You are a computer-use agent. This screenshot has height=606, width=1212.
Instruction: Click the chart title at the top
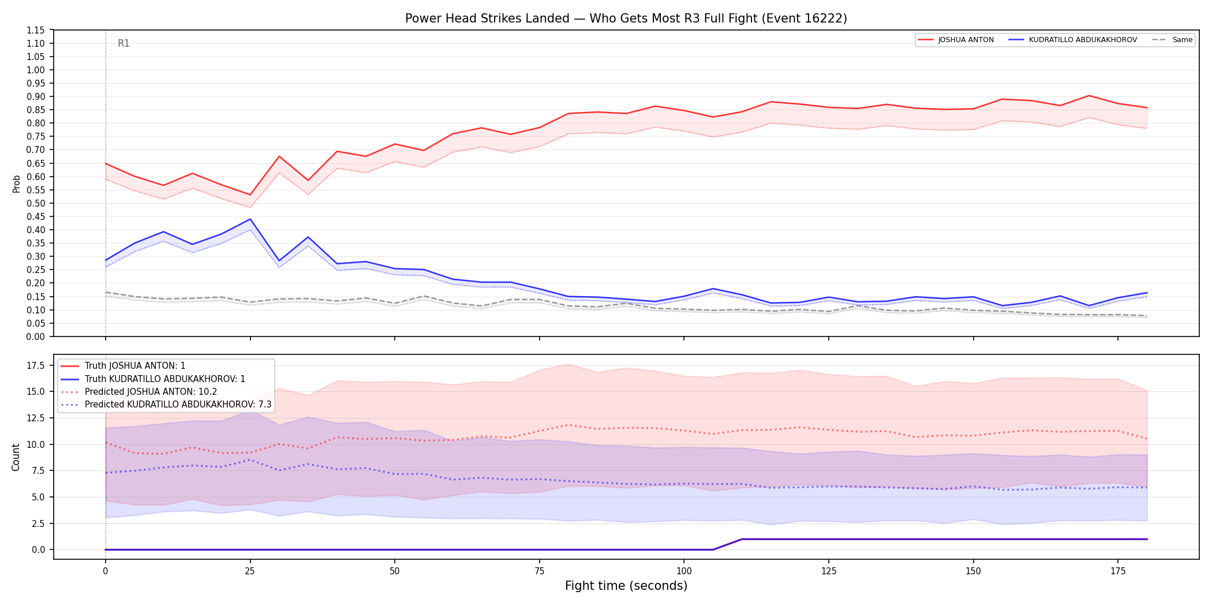point(626,18)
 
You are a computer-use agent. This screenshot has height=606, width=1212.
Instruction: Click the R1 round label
point(124,43)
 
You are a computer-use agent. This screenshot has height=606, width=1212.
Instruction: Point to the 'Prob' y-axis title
point(16,184)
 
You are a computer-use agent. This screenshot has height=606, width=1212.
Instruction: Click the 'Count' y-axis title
point(16,457)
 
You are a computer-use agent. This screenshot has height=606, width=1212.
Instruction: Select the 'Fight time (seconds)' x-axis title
point(626,586)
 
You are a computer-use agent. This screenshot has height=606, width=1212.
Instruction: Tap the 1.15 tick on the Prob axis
point(35,30)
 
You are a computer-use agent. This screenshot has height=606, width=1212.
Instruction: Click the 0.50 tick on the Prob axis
point(35,203)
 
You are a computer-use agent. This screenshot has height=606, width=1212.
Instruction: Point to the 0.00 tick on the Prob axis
point(35,336)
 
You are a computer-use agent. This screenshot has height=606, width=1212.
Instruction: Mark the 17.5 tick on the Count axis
point(36,365)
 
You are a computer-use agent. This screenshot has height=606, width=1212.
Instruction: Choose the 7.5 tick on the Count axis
point(38,470)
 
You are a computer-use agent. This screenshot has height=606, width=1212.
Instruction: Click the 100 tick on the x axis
point(684,571)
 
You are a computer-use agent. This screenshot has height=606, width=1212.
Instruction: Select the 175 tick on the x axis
point(1118,571)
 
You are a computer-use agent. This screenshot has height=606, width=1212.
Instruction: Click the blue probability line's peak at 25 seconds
point(250,219)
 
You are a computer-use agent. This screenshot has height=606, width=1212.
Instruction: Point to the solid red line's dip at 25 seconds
point(250,194)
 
